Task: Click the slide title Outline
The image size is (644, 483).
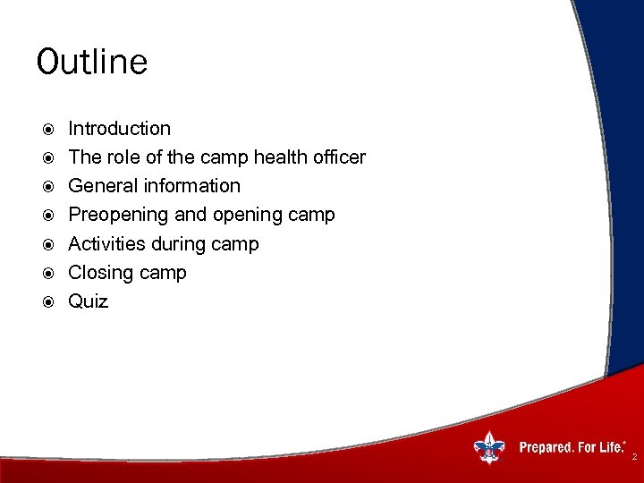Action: pyautogui.click(x=92, y=63)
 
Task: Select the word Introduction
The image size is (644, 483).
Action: pyautogui.click(x=119, y=129)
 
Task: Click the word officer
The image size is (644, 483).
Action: pyautogui.click(x=339, y=157)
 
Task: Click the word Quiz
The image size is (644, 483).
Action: pyautogui.click(x=89, y=301)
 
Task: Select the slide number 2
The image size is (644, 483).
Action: pyautogui.click(x=634, y=457)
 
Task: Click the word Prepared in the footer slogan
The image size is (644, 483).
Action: pyautogui.click(x=547, y=447)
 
